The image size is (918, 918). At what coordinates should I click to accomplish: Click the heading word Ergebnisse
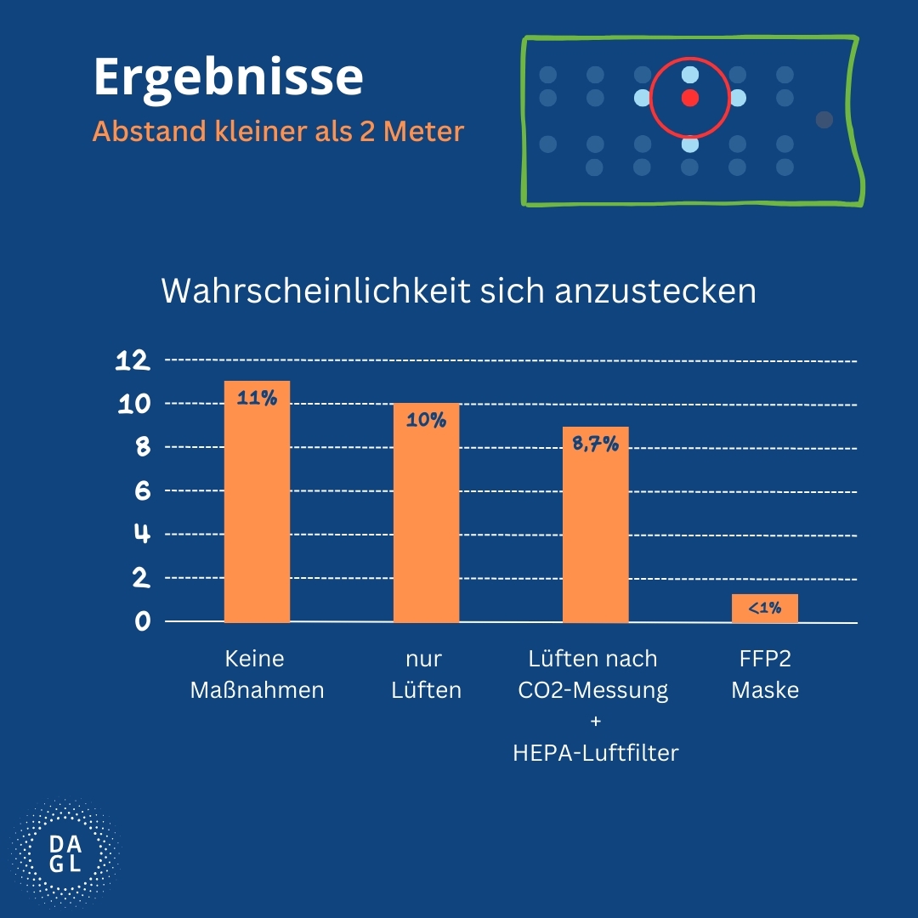pyautogui.click(x=228, y=78)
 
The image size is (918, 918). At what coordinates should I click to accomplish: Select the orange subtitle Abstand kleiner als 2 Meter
pyautogui.click(x=278, y=133)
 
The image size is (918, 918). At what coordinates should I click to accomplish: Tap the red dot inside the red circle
pyautogui.click(x=689, y=98)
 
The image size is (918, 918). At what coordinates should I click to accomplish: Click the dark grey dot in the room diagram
pyautogui.click(x=824, y=120)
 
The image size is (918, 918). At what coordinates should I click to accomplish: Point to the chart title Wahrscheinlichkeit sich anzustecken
pyautogui.click(x=458, y=291)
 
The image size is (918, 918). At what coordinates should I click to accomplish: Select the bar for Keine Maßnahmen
pyautogui.click(x=257, y=510)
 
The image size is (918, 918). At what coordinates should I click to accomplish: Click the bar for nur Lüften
pyautogui.click(x=426, y=518)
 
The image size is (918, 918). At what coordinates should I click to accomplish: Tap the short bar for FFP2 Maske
pyautogui.click(x=764, y=608)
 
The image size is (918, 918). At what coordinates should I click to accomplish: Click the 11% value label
pyautogui.click(x=257, y=397)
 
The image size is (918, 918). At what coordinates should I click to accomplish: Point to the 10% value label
pyautogui.click(x=426, y=419)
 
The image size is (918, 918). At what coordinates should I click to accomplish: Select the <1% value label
pyautogui.click(x=764, y=609)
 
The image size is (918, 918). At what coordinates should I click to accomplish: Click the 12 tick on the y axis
pyautogui.click(x=133, y=360)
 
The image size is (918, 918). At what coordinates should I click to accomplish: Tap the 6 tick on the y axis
pyautogui.click(x=141, y=490)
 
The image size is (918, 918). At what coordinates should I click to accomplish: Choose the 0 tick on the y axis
pyautogui.click(x=141, y=621)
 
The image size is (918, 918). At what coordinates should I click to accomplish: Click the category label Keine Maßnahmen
pyautogui.click(x=257, y=674)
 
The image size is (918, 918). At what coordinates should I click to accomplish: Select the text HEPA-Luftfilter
pyautogui.click(x=595, y=752)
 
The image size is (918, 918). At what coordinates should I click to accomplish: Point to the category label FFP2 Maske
pyautogui.click(x=764, y=674)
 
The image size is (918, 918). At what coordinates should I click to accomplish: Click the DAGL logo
pyautogui.click(x=65, y=853)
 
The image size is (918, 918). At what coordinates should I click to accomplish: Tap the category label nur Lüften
pyautogui.click(x=426, y=674)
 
